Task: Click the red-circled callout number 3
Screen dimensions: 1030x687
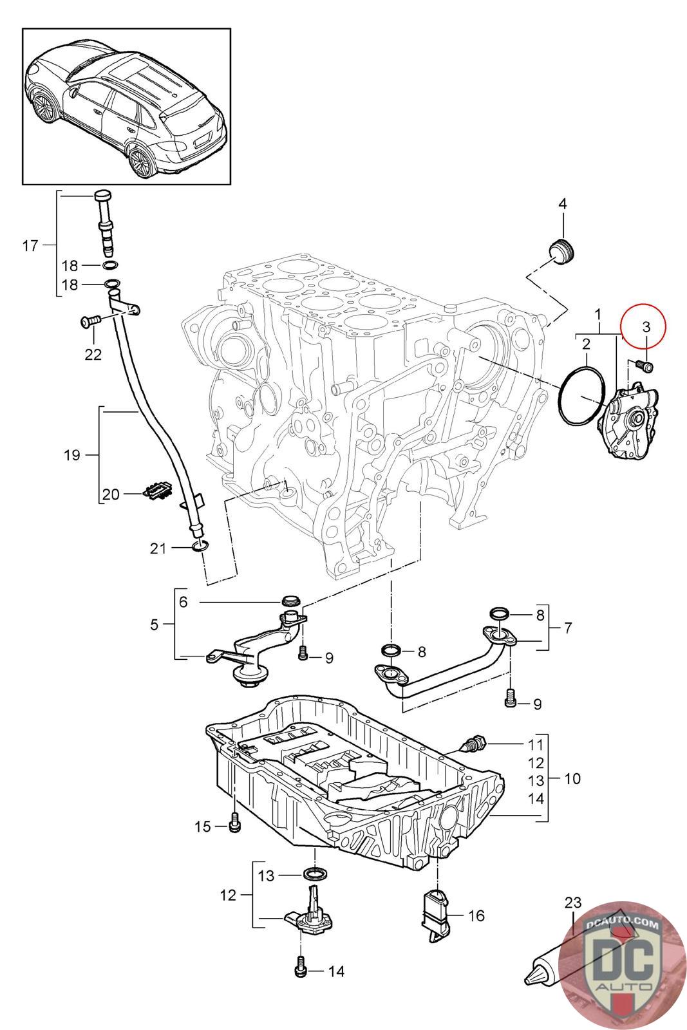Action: point(646,326)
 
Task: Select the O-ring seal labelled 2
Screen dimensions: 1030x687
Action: point(583,395)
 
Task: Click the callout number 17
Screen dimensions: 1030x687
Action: point(30,245)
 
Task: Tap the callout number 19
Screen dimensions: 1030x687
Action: point(72,455)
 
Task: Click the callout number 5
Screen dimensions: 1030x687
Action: point(154,624)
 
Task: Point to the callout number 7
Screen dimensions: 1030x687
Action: point(567,628)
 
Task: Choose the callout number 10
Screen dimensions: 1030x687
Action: point(572,778)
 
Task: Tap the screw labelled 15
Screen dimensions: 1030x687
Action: point(234,823)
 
